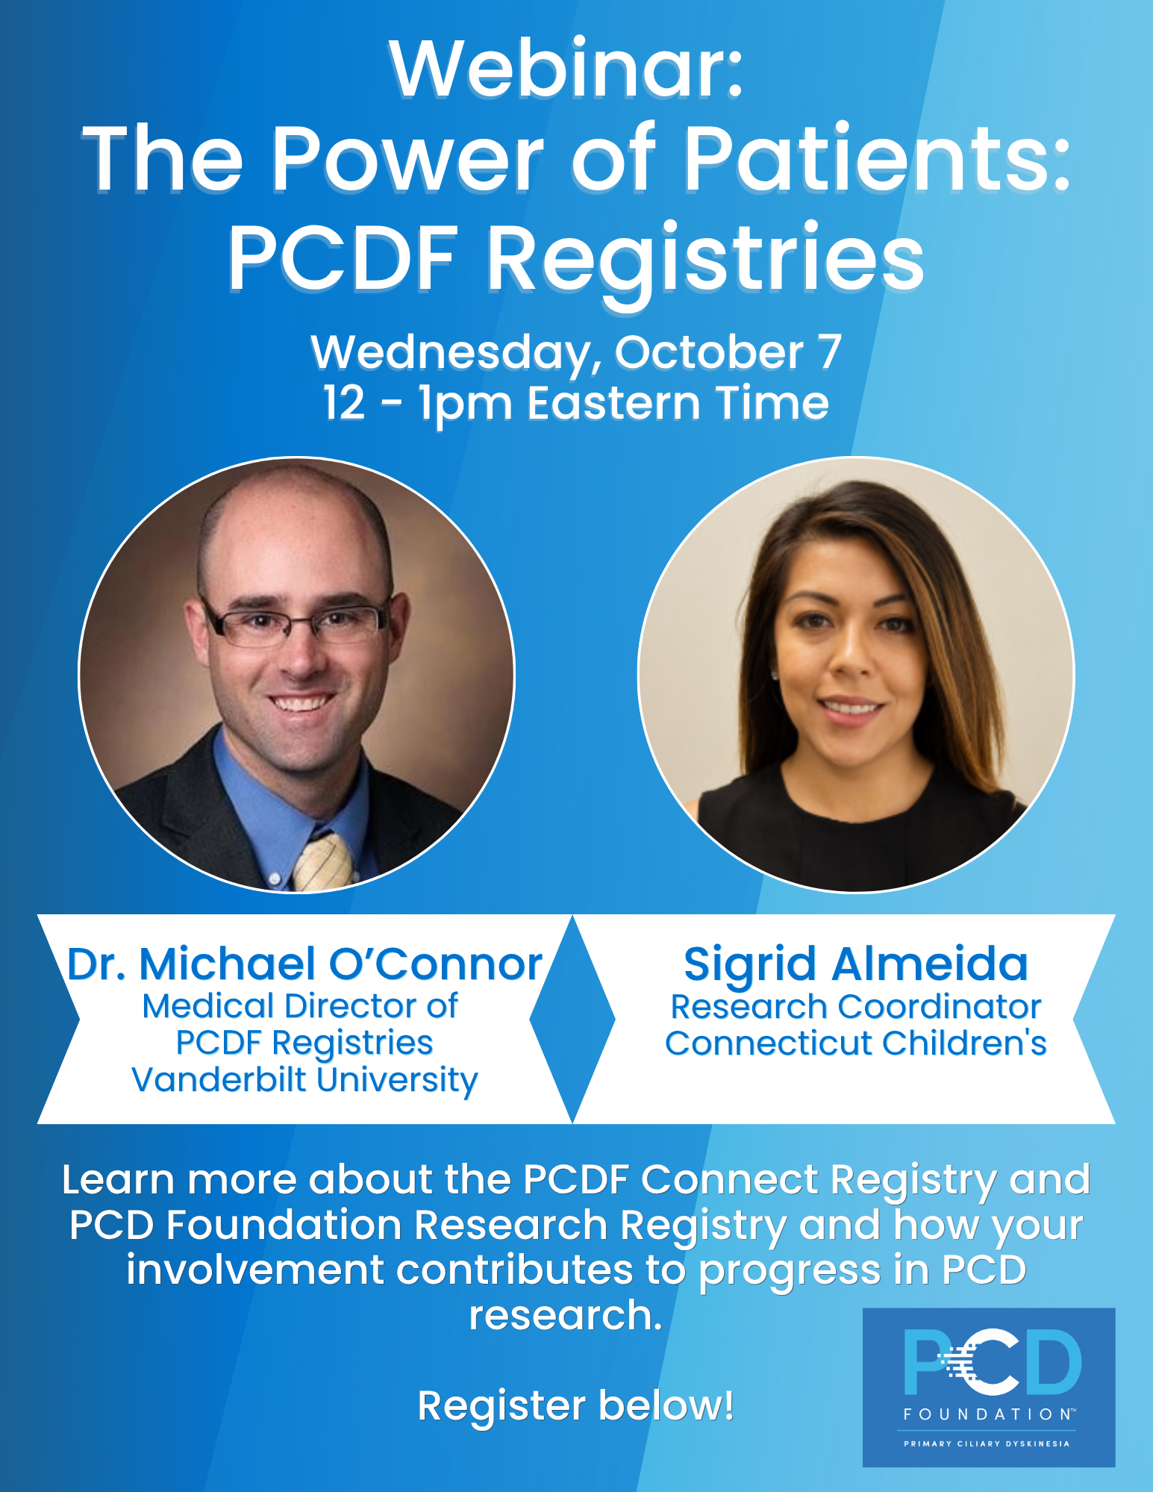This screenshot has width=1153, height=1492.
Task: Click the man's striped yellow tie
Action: (322, 862)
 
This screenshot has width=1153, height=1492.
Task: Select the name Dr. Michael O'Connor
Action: (304, 964)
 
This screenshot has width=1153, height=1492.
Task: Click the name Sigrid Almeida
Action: (856, 964)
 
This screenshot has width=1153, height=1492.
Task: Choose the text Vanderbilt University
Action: (304, 1080)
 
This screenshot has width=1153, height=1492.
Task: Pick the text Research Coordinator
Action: (856, 1007)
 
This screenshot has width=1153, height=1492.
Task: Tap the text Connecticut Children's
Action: (856, 1043)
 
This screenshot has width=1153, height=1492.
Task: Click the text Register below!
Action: (575, 1406)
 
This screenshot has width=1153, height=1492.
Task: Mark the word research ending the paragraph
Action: (566, 1315)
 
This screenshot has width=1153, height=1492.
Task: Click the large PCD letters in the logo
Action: (992, 1362)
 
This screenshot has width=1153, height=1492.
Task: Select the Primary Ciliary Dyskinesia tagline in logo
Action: (987, 1443)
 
